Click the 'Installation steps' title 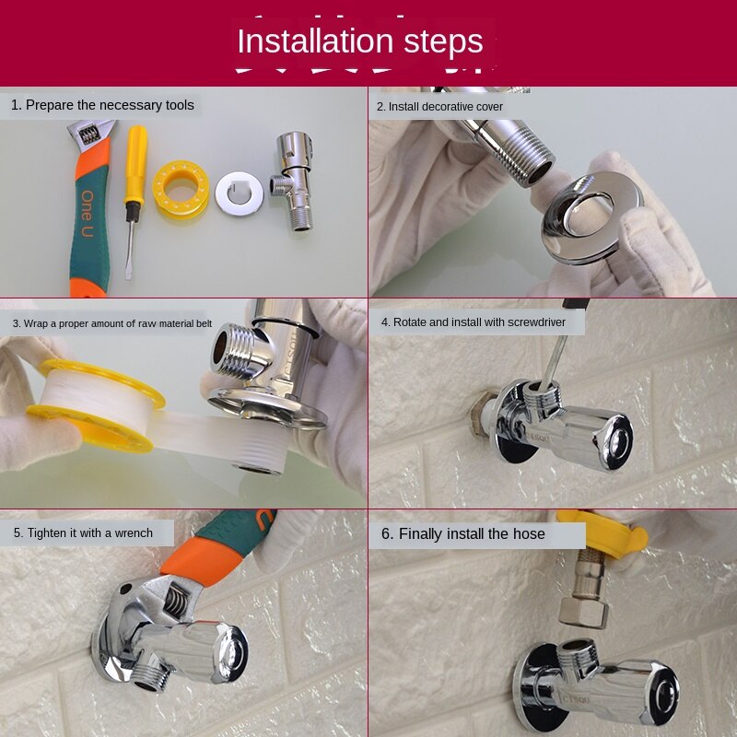(x=360, y=42)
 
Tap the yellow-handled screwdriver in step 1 (x=135, y=184)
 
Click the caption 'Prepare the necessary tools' (x=102, y=105)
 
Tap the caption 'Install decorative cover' (x=439, y=107)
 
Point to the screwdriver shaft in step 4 (x=554, y=364)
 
